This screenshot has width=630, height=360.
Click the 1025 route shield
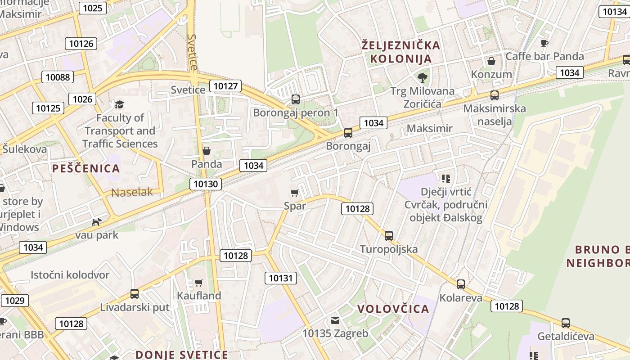(93, 8)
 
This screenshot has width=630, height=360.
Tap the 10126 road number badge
(81, 44)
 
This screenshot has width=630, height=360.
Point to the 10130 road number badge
(206, 184)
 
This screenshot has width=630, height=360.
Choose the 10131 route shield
(280, 278)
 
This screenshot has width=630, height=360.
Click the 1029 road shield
(14, 301)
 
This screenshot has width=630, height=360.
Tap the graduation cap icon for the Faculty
(119, 105)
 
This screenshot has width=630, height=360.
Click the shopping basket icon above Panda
(207, 151)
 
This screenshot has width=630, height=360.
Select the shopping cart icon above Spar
(295, 193)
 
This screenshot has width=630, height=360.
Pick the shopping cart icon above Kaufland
(199, 283)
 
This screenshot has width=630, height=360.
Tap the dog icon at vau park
(97, 222)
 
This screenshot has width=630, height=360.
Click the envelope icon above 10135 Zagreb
(335, 320)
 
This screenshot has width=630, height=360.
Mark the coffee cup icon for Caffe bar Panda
(544, 43)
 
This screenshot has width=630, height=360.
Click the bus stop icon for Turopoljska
(389, 236)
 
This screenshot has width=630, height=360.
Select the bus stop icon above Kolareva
(461, 284)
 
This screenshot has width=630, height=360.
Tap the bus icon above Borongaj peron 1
(296, 99)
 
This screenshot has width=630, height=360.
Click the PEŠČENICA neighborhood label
(86, 169)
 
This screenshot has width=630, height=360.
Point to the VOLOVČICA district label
(393, 309)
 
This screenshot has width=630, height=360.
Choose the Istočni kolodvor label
(70, 274)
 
